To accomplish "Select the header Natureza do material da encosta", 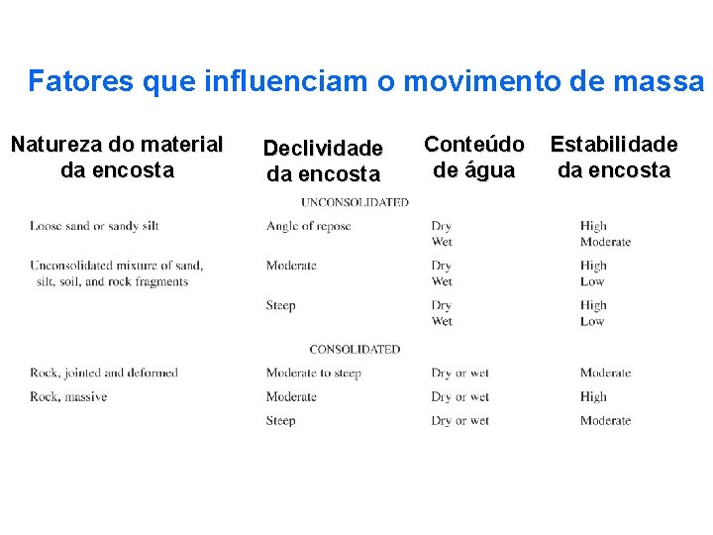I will (117, 157).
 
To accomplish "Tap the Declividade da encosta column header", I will (323, 160).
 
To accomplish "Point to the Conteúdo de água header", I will (474, 157).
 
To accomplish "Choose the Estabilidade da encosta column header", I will (614, 157).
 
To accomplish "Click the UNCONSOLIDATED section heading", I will (355, 202).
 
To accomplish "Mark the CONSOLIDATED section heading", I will (355, 349).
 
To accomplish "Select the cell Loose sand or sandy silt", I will (94, 226).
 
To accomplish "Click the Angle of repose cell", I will (308, 226).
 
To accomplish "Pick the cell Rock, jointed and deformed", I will (104, 373).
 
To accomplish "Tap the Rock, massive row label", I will (68, 396).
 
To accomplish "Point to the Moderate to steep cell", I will (313, 373).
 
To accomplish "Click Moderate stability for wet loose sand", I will (605, 242).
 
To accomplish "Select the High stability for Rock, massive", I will (593, 396).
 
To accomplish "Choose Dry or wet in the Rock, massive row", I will (459, 396).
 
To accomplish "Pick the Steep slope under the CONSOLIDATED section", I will (280, 420).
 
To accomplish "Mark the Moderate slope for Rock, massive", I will (291, 396).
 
